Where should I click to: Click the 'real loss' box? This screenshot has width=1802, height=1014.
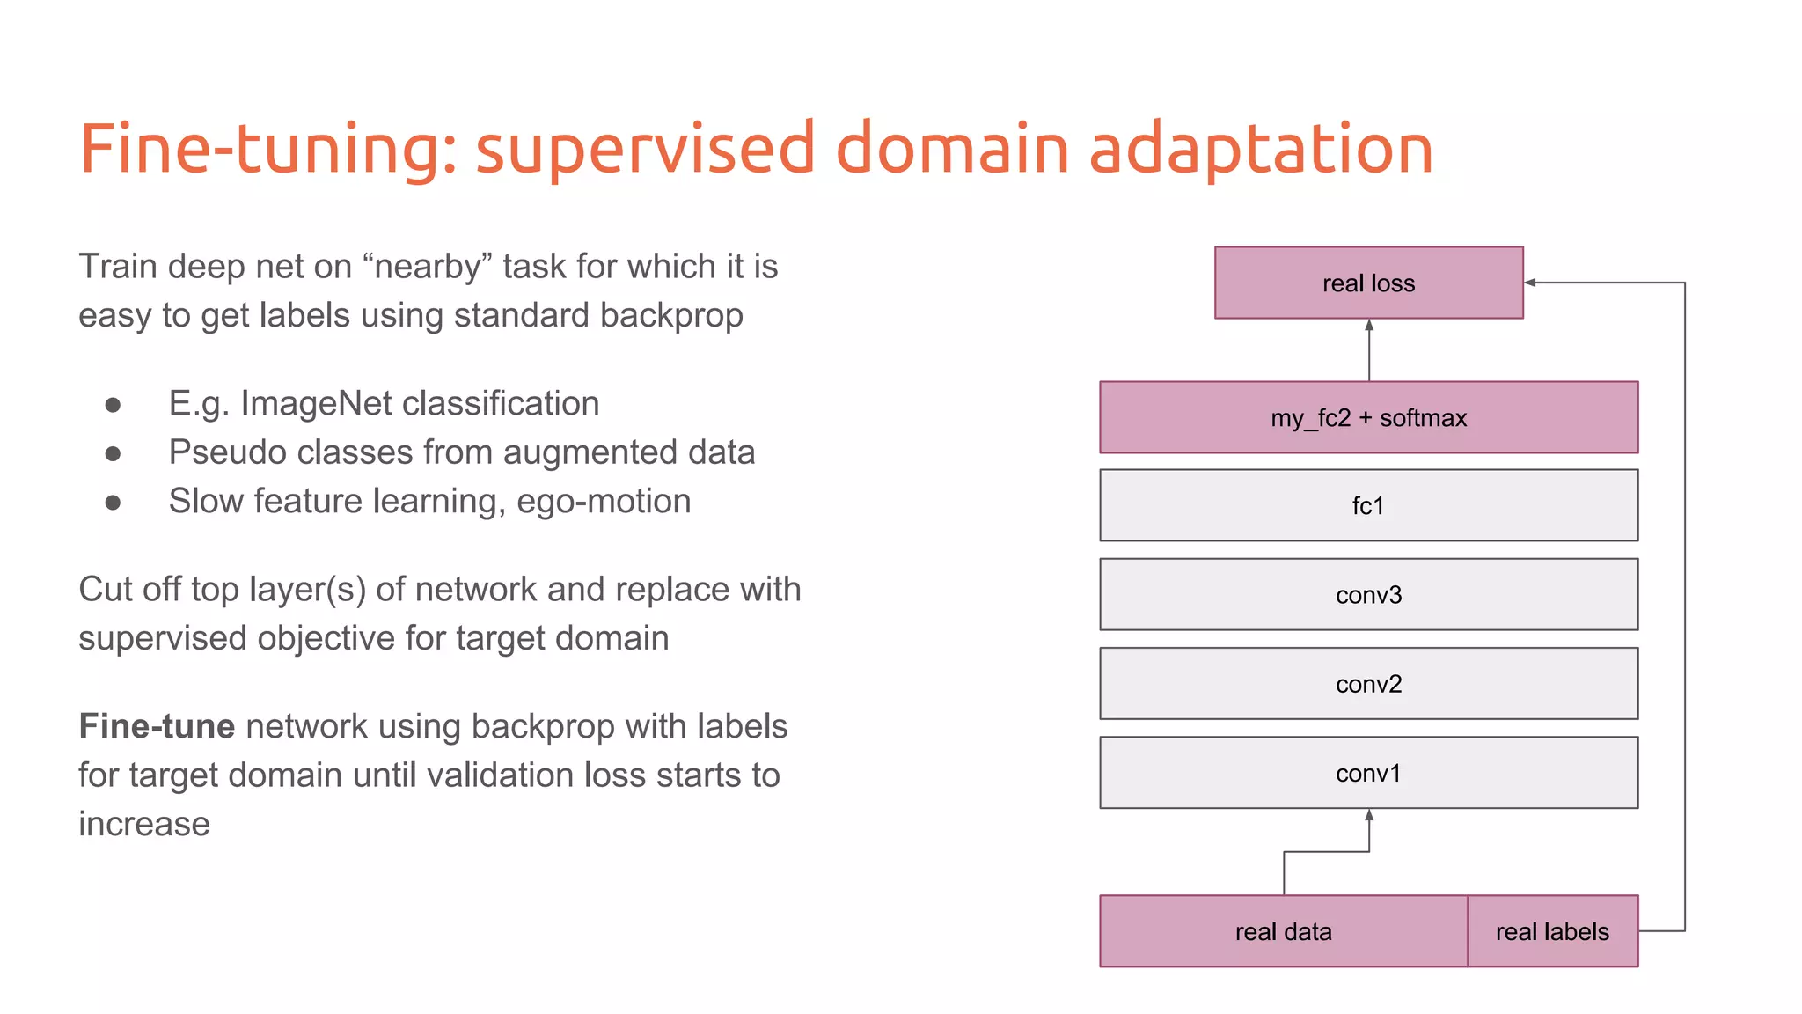[1368, 283]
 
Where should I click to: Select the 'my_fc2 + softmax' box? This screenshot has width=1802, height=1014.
[1368, 417]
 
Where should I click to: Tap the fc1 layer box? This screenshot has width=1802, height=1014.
[1368, 505]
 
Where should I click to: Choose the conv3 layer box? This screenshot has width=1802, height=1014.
[1368, 595]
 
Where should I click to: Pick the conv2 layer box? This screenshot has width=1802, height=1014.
[1368, 684]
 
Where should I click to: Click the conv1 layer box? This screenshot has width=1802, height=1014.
[1368, 773]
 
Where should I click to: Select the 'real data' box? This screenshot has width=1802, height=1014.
[1283, 931]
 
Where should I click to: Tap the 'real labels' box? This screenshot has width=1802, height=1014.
[1552, 931]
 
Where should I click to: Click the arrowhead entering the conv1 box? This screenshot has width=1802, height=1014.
[1369, 815]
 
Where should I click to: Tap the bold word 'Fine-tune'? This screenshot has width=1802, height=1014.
[157, 726]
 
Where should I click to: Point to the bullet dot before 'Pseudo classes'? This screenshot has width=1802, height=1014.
[113, 453]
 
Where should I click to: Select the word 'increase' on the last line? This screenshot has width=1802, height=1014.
[144, 824]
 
